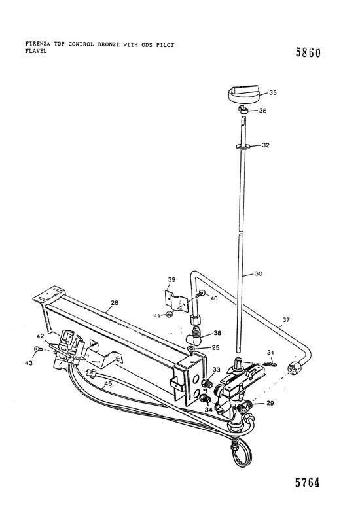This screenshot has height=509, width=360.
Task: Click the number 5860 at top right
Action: [308, 52]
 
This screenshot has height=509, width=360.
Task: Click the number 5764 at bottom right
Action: [308, 482]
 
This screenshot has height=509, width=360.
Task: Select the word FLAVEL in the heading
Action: [36, 51]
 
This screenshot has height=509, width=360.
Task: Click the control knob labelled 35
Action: [243, 94]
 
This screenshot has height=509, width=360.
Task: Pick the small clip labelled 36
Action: [243, 110]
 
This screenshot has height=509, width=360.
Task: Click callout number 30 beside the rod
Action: [259, 273]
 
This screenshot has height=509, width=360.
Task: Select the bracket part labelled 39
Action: [176, 302]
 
